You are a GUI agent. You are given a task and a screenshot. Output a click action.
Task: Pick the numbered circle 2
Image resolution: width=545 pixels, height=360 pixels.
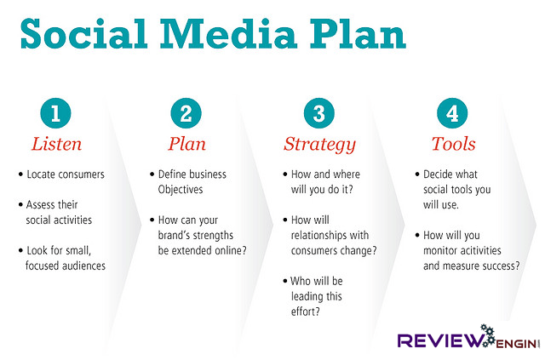pos(187,113)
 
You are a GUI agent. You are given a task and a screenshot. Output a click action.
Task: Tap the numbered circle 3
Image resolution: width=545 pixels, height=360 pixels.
pos(318,113)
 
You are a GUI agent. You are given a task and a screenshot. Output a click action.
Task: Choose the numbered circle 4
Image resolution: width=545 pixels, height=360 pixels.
pos(449,113)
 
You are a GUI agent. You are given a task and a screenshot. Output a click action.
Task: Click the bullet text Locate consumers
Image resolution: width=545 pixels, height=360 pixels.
pos(66,174)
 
